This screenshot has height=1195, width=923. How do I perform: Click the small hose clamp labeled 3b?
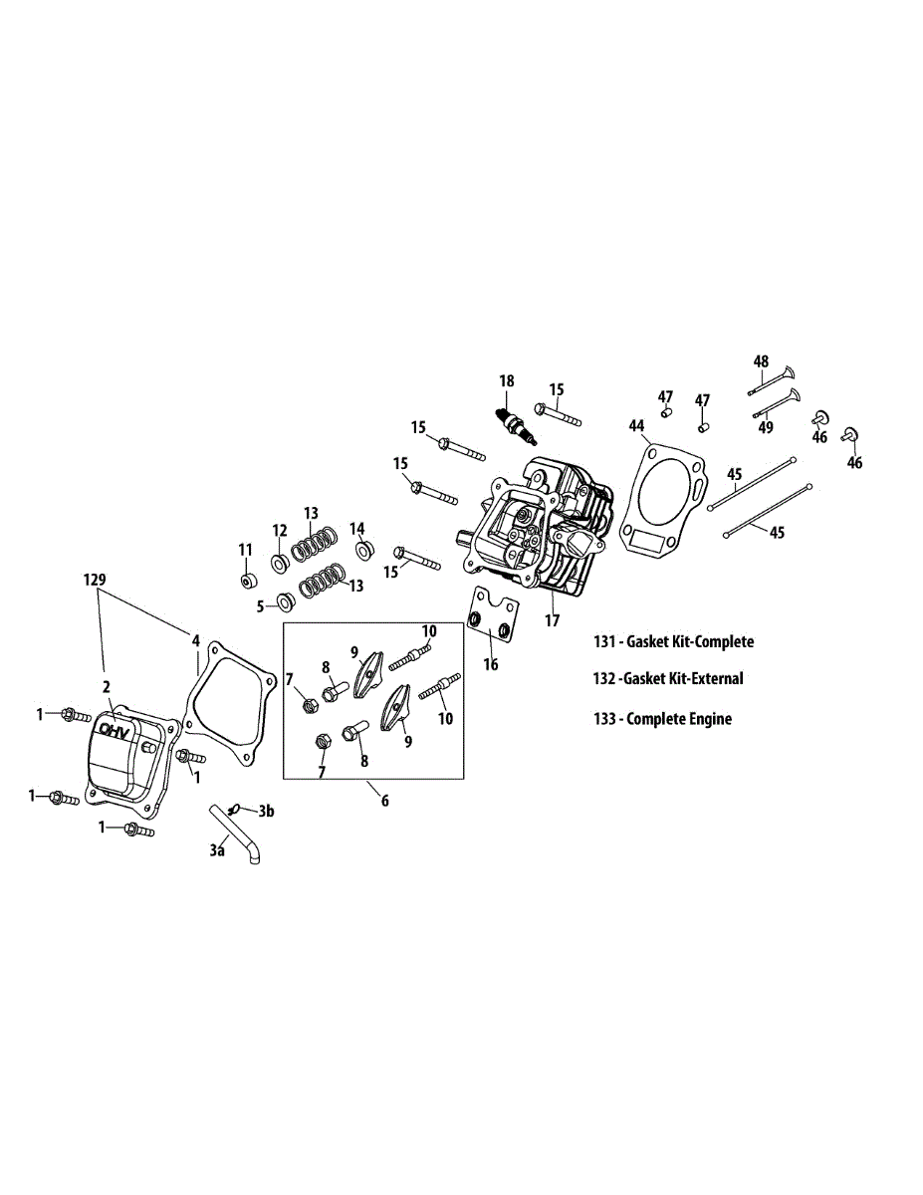[x=236, y=808]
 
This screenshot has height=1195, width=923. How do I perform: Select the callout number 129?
[x=96, y=579]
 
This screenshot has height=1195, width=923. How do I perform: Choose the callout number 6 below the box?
[x=385, y=800]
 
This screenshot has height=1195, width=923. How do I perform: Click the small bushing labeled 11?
[x=245, y=581]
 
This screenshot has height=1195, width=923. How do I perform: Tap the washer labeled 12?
[x=281, y=563]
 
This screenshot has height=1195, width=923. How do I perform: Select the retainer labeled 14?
[x=363, y=548]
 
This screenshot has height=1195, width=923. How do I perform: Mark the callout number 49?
[x=766, y=427]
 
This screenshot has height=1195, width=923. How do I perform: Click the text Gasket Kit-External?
[x=684, y=679]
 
